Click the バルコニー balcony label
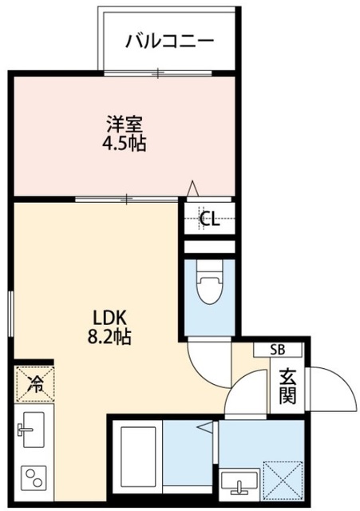tap(169, 41)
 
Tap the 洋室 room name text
tap(125, 124)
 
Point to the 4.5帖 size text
tap(125, 143)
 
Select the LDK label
tap(109, 318)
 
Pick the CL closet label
tap(209, 219)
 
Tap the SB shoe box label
tap(278, 350)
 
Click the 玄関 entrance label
tap(287, 386)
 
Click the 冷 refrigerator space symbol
tap(34, 383)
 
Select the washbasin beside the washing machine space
tap(239, 482)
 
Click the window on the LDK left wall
tap(10, 314)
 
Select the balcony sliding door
tap(158, 73)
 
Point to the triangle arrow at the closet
tap(193, 188)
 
